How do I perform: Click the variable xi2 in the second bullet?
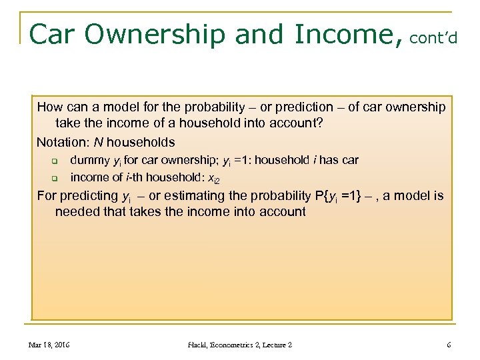[213, 178]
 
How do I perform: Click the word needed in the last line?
[75, 212]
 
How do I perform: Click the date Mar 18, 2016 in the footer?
[50, 345]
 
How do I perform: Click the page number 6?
[449, 345]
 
